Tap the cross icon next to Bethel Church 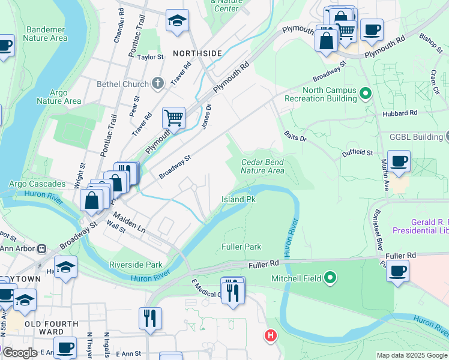click(158, 83)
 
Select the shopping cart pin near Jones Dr click(173, 118)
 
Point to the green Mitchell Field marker click(330, 278)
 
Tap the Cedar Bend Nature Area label click(262, 166)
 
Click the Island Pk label click(239, 199)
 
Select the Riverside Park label click(136, 265)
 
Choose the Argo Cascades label click(37, 184)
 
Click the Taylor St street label click(151, 57)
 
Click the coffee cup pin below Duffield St click(399, 161)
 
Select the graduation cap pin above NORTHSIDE click(177, 21)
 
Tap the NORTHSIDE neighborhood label click(197, 53)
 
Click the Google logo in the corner click(20, 353)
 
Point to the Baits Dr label click(295, 137)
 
